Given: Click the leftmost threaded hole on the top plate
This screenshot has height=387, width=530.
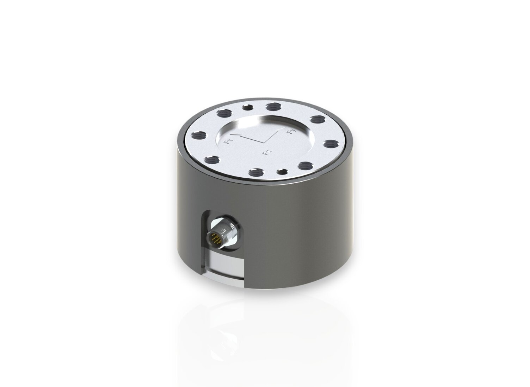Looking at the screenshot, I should tap(198, 135).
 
